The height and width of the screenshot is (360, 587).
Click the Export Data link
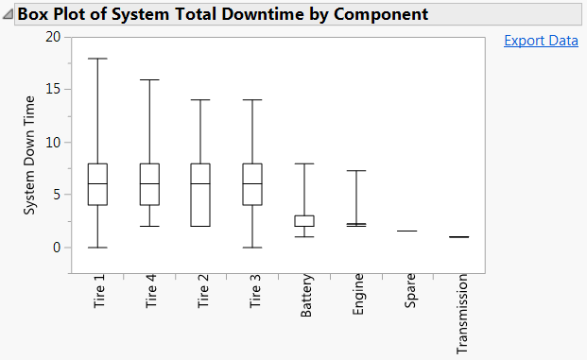coord(541,41)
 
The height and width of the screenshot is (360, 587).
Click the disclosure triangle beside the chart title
coord(9,15)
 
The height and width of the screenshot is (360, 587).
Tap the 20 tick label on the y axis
coord(52,37)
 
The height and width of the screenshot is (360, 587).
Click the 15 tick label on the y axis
coord(52,90)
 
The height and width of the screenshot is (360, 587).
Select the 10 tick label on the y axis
coord(52,143)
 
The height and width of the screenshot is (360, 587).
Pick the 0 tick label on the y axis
coord(56,248)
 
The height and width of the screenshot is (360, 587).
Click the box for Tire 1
coord(97,184)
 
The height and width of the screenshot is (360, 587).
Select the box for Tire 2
coord(200,195)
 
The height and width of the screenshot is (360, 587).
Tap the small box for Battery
coord(304,220)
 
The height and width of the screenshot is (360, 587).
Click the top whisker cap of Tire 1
coord(97,59)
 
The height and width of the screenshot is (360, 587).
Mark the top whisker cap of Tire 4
coord(149,79)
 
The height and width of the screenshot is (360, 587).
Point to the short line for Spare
coord(407,231)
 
